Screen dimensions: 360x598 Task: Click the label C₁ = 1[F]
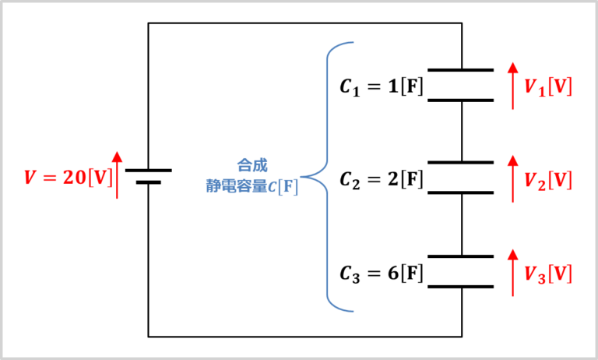pos(382,86)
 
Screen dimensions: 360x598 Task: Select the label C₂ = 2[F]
pos(382,180)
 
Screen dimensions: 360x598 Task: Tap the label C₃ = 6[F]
pos(382,274)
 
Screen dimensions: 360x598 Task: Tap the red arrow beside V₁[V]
pos(512,86)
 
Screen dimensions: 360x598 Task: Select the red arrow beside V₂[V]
pos(512,179)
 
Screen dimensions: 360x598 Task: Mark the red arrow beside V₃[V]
pos(512,273)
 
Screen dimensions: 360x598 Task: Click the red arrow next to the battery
pos(118,175)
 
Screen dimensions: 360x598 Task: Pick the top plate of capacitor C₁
pos(461,70)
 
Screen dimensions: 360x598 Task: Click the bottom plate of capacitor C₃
pos(461,288)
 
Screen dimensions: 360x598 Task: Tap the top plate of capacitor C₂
pos(461,163)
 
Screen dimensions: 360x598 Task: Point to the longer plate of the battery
pos(148,169)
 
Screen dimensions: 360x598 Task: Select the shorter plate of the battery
pos(148,183)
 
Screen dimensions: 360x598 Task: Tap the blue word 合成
pos(252,165)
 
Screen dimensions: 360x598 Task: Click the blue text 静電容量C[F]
pos(247,187)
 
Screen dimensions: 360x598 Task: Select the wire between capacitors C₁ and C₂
pos(461,131)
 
